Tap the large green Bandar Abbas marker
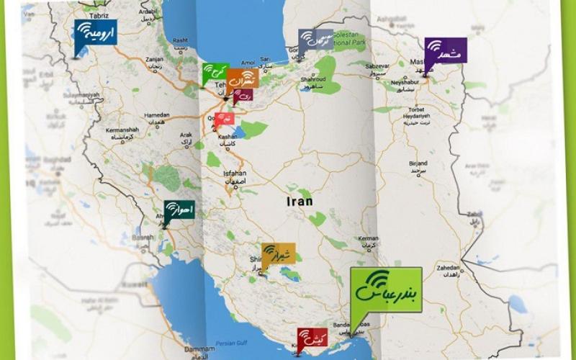(x=385, y=289)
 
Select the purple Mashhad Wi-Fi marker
(x=445, y=50)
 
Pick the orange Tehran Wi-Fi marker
(x=242, y=78)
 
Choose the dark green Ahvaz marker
(x=179, y=210)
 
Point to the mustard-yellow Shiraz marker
(x=279, y=253)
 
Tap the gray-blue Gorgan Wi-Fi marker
(x=316, y=38)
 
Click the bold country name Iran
(x=300, y=202)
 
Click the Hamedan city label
(x=156, y=115)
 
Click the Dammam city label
(x=199, y=349)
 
